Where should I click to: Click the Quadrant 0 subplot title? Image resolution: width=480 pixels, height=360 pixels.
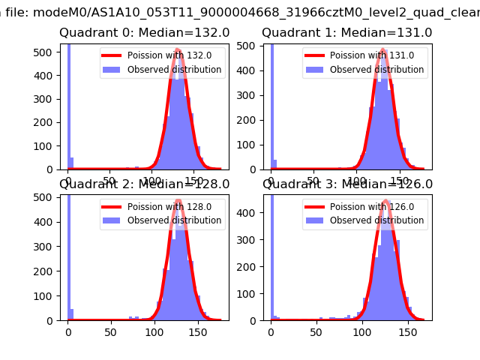tap(144, 33)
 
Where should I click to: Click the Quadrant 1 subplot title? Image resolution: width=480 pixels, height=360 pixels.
tap(346, 33)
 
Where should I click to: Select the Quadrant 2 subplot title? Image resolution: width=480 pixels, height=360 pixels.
tap(144, 184)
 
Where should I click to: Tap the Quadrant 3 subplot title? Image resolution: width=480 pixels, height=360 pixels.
tap(346, 184)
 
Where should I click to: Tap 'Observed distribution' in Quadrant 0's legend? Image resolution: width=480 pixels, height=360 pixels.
tap(174, 70)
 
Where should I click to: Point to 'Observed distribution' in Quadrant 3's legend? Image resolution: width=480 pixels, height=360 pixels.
tap(376, 220)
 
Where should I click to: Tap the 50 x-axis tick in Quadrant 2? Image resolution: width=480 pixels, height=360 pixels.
tap(110, 331)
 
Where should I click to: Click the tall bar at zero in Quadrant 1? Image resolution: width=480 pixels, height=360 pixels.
tap(271, 105)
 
